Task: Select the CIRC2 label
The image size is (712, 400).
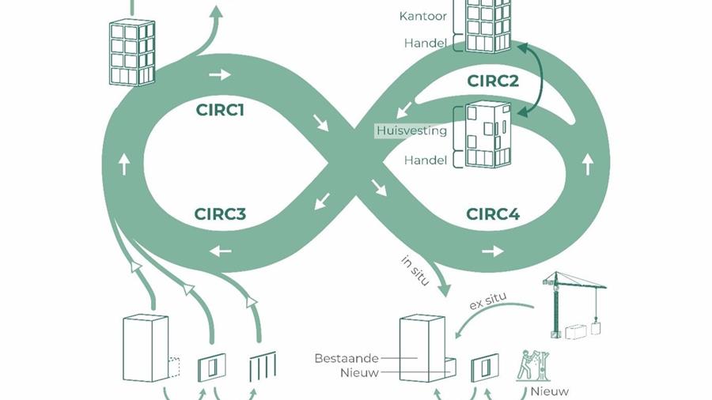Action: click(x=493, y=80)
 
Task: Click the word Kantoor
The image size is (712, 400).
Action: click(x=423, y=16)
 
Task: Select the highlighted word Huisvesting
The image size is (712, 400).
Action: click(x=411, y=130)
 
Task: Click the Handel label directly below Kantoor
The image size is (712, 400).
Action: click(x=425, y=43)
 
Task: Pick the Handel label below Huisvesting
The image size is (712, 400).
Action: click(x=426, y=160)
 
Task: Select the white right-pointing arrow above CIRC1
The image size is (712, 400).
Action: click(x=220, y=75)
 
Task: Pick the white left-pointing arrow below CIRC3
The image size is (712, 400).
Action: click(x=220, y=251)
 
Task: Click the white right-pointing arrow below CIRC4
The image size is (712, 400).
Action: click(x=492, y=251)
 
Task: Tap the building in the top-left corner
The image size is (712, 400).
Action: click(x=131, y=51)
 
